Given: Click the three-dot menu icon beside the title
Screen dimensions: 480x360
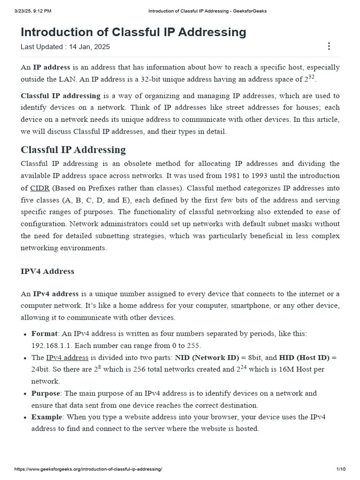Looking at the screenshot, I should click(329, 46).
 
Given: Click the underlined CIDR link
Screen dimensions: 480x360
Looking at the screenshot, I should click(37, 188).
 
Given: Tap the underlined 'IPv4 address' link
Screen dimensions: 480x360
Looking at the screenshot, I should click(67, 358).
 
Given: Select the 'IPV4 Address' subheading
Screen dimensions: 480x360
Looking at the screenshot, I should click(47, 271).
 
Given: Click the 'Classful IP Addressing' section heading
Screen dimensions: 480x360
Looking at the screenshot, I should click(73, 150).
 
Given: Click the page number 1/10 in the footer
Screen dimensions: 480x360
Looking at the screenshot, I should click(341, 470).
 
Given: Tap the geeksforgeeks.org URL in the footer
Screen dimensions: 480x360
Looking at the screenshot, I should click(89, 470).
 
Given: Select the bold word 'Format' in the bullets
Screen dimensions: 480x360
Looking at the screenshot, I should click(45, 334).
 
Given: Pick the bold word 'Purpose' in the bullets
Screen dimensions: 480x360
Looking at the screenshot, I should click(45, 393).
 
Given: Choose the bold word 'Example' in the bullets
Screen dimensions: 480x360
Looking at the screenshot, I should click(46, 417).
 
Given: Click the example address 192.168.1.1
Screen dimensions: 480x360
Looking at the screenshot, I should click(51, 346).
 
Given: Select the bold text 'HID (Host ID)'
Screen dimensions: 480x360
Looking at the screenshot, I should click(304, 358).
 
